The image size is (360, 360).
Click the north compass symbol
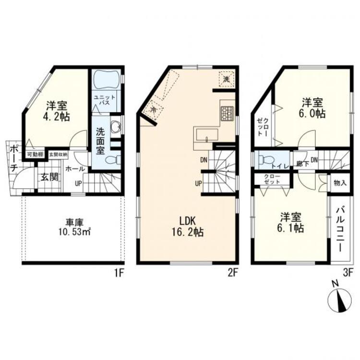[339, 300]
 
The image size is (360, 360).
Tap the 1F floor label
[120, 274]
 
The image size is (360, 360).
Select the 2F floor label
[233, 274]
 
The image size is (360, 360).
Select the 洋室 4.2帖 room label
[57, 110]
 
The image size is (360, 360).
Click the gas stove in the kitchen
[227, 113]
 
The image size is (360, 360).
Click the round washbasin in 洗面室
[115, 127]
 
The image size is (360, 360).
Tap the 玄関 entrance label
[48, 177]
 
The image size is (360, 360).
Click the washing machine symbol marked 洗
[226, 79]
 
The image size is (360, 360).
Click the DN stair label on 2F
[204, 160]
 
